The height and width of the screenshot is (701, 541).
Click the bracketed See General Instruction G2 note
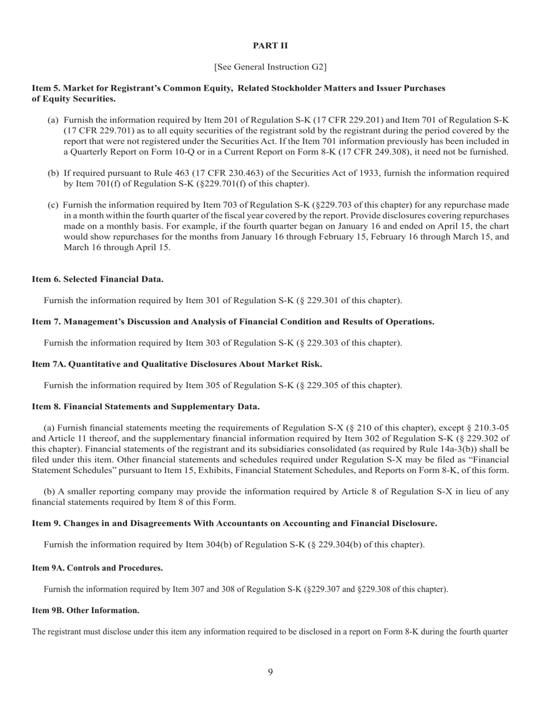270,67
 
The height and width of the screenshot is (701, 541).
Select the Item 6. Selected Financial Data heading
97,279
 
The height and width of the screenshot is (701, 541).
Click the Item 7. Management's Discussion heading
233,322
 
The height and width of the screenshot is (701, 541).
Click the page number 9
270,673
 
